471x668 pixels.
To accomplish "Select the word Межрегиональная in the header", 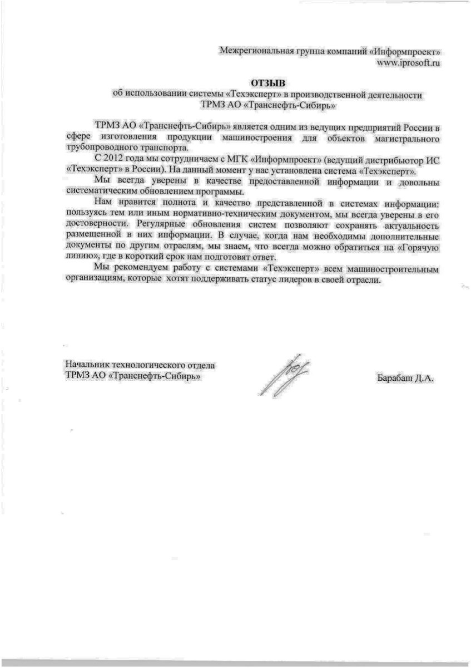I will [x=253, y=52].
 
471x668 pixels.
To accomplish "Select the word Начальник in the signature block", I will [x=87, y=365].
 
